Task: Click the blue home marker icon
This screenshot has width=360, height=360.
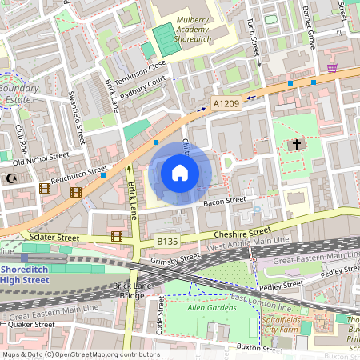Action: pyautogui.click(x=180, y=172)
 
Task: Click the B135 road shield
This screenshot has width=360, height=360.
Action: pyautogui.click(x=166, y=239)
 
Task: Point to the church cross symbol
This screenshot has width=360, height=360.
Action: pyautogui.click(x=297, y=145)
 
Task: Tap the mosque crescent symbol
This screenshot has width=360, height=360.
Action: pyautogui.click(x=12, y=180)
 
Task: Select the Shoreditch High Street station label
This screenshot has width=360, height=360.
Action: pyautogui.click(x=32, y=273)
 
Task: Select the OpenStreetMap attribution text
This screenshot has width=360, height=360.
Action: pyautogui.click(x=70, y=354)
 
